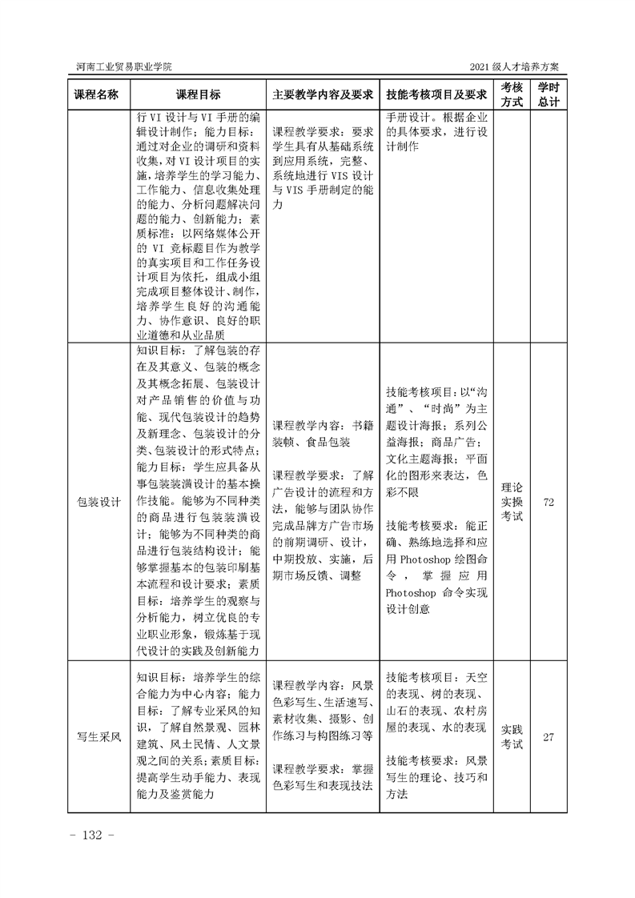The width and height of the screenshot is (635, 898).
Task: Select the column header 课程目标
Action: (198, 94)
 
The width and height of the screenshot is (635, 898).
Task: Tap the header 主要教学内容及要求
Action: (322, 94)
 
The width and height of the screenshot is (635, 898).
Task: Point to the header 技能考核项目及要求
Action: (436, 94)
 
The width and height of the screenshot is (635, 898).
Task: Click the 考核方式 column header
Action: (512, 94)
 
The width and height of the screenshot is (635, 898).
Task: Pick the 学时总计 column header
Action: (549, 94)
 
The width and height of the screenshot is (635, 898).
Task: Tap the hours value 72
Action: (549, 502)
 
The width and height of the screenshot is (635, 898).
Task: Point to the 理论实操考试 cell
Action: (512, 502)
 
